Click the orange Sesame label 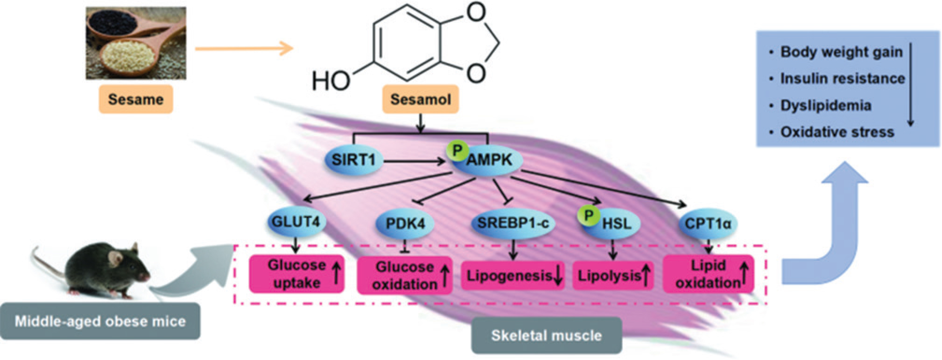(135, 99)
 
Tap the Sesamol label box (420, 99)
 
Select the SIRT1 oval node (353, 160)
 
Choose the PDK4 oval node (405, 224)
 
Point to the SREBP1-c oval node (513, 223)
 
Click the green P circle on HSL (589, 215)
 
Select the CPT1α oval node (708, 224)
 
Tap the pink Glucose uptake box (296, 274)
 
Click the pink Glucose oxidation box (404, 275)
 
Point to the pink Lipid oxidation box (708, 274)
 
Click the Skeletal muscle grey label (546, 335)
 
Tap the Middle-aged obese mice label (100, 321)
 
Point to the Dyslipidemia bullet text (825, 105)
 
